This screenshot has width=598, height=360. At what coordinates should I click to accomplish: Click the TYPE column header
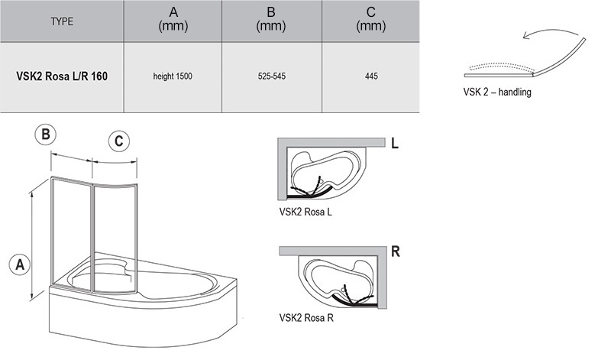coord(62,21)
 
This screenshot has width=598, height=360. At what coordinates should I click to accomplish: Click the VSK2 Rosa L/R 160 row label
coord(63,76)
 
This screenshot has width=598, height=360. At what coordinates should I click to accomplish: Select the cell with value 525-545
coord(271,76)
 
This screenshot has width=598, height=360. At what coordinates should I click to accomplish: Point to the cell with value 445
coord(370,76)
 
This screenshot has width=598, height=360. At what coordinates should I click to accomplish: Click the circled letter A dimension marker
coord(18,264)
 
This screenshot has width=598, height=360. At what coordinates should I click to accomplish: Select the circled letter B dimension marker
coord(46,135)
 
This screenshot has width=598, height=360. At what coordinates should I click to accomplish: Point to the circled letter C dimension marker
coord(118,141)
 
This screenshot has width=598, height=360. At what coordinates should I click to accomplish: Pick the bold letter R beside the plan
coord(395,251)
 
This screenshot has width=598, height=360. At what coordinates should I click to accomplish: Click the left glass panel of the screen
coord(71,229)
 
